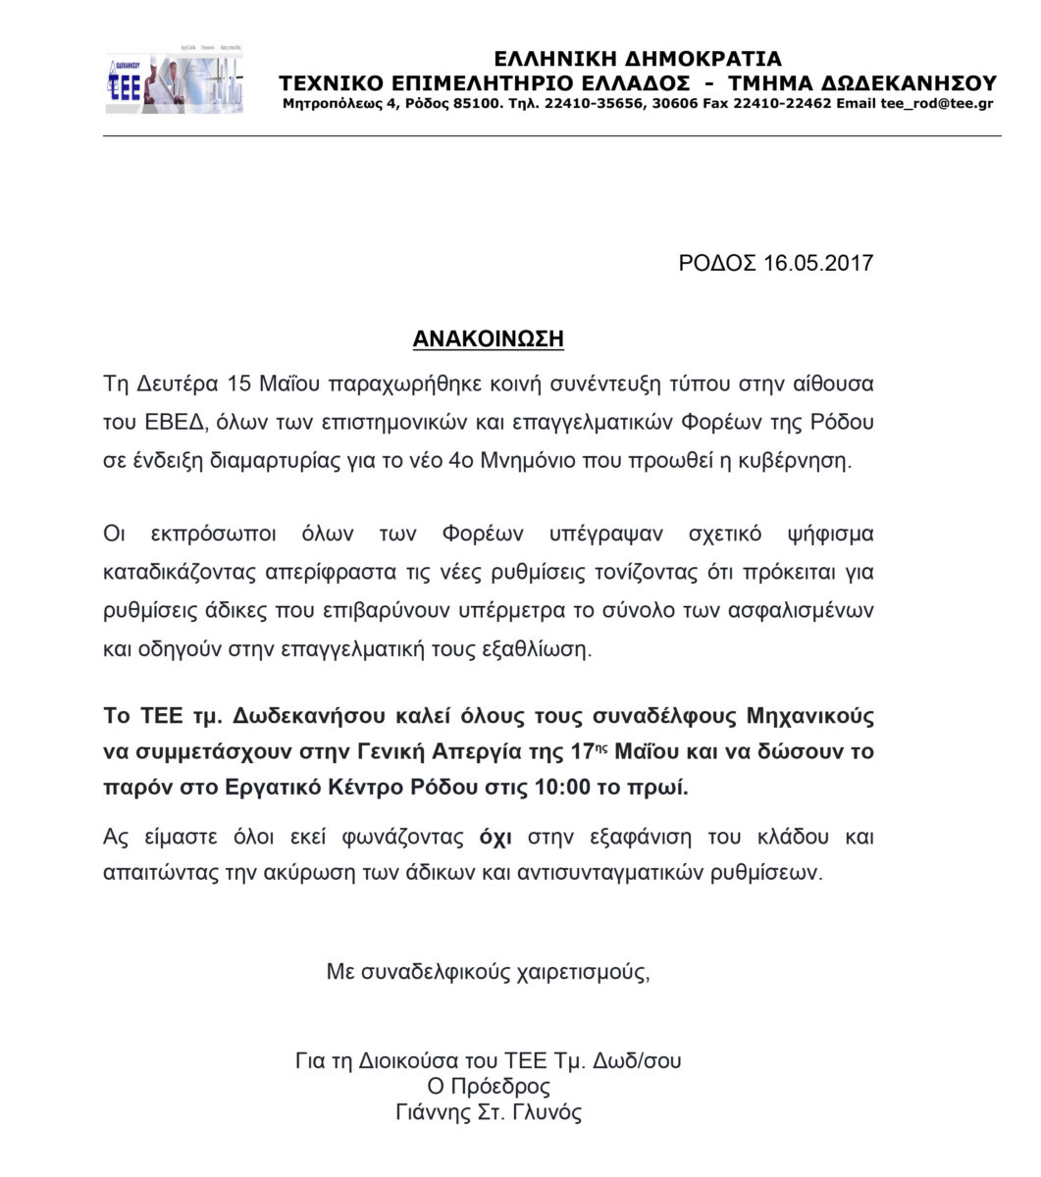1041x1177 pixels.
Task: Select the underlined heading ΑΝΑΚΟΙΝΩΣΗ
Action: point(488,339)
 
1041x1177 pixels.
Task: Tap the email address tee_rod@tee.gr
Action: point(936,103)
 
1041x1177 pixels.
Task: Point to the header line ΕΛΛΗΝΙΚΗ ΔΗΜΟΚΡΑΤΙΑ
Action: point(638,59)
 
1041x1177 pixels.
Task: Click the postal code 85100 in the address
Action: point(480,103)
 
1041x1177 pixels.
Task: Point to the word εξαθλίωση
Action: point(543,649)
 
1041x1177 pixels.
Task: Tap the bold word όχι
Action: point(495,838)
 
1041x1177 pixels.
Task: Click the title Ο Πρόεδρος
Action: point(488,1087)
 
